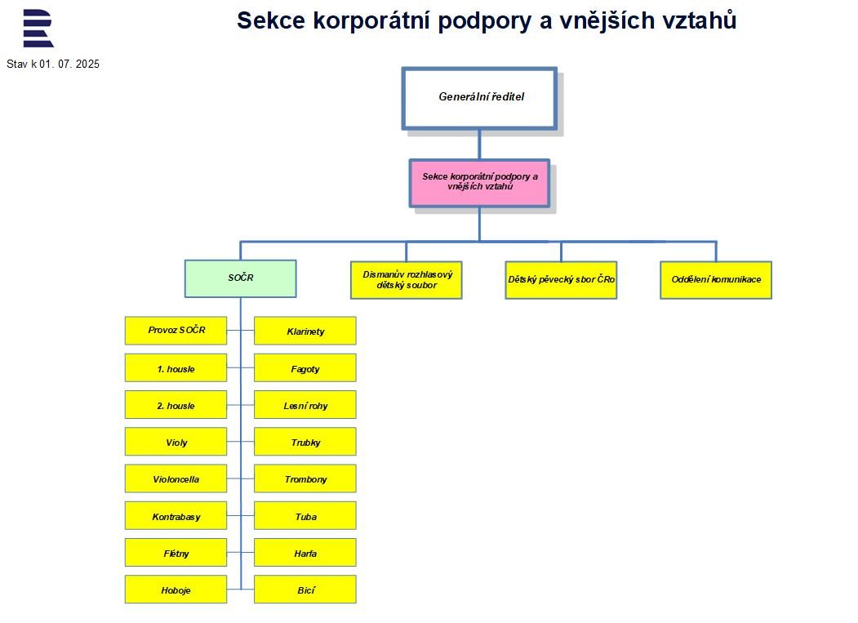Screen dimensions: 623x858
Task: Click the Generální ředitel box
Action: [x=479, y=98]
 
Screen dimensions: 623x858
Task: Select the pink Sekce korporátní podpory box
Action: [x=479, y=183]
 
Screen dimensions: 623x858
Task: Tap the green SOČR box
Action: [x=240, y=278]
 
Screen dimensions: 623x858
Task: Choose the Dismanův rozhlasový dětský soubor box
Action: [x=407, y=280]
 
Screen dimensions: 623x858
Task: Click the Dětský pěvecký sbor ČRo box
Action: [x=561, y=280]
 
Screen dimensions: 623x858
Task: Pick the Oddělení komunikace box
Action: [x=716, y=280]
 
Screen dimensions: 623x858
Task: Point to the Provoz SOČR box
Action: [x=176, y=331]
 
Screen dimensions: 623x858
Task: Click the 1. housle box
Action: [x=176, y=368]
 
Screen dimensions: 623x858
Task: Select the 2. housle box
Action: [x=176, y=405]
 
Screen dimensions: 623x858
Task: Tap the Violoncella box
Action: [x=176, y=479]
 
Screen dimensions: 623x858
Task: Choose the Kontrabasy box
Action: [x=176, y=516]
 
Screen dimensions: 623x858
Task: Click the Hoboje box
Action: [x=176, y=590]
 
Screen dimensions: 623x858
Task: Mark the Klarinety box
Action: [x=305, y=332]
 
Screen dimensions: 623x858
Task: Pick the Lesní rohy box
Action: [x=305, y=405]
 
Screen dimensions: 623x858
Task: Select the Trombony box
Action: [x=305, y=479]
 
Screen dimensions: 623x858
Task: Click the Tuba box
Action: [x=305, y=516]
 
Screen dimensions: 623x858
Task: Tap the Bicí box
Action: [x=305, y=590]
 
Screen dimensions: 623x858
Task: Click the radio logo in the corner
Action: [x=38, y=29]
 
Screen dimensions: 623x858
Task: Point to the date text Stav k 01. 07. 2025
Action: [x=53, y=65]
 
